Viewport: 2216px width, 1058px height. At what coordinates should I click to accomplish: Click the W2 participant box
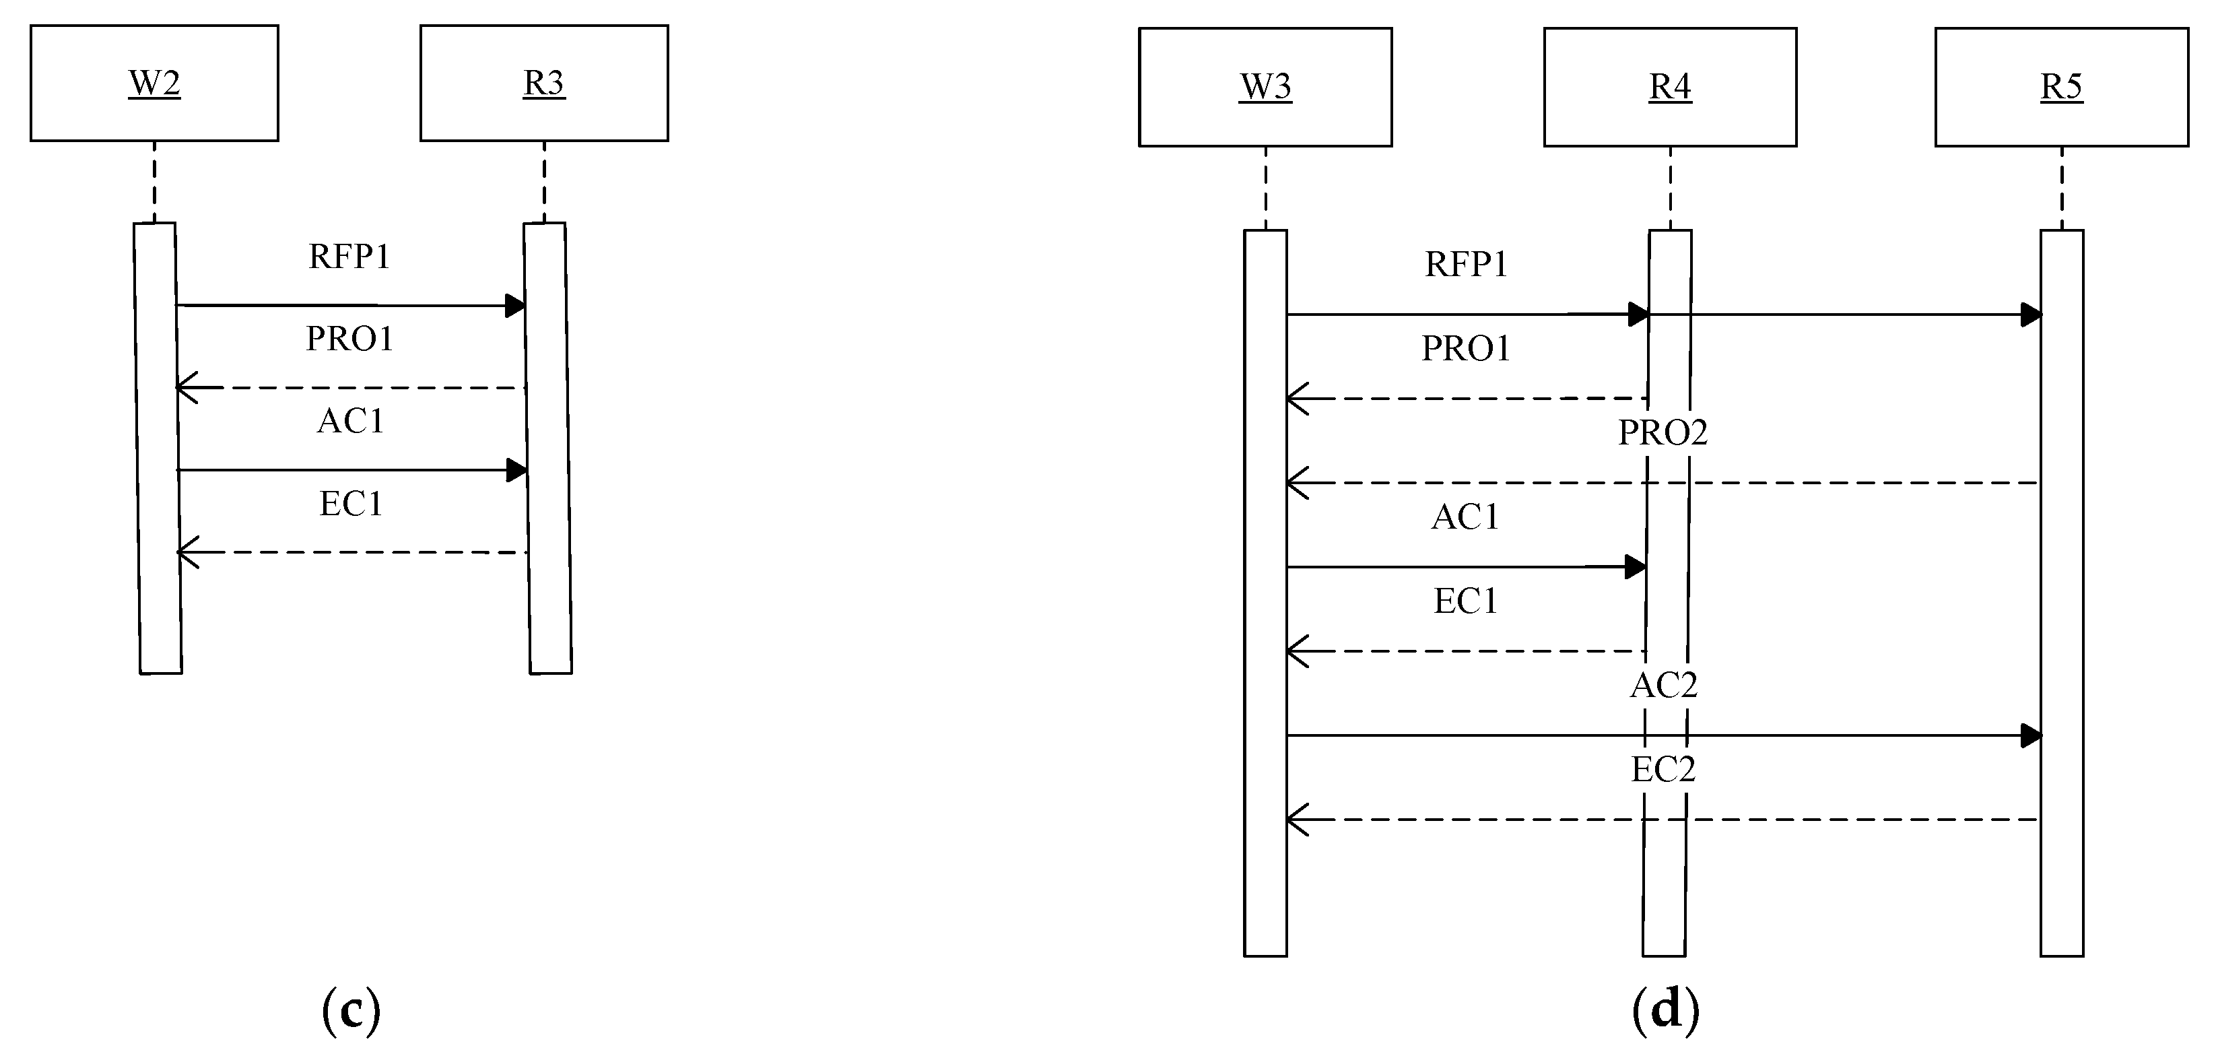[x=154, y=83]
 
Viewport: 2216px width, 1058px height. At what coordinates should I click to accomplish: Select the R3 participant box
[x=543, y=83]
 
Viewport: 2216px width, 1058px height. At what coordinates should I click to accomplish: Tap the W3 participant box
[x=1265, y=87]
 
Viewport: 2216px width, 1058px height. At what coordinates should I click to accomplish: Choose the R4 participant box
[x=1670, y=87]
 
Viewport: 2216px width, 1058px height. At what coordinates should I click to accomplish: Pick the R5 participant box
[x=2061, y=87]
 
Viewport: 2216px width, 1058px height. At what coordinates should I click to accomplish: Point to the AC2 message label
[x=1664, y=686]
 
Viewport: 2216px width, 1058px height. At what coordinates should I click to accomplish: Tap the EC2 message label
[x=1663, y=769]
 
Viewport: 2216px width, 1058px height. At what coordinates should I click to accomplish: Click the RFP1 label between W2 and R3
[x=349, y=257]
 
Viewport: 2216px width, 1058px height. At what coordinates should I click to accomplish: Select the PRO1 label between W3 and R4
[x=1466, y=348]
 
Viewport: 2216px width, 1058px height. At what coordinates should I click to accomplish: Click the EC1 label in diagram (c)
[x=351, y=503]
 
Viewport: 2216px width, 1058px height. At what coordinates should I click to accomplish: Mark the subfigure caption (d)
[x=1665, y=1010]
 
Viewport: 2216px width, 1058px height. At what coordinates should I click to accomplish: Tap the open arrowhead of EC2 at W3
[x=1296, y=820]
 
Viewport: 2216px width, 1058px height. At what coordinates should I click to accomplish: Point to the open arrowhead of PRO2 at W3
[x=1296, y=483]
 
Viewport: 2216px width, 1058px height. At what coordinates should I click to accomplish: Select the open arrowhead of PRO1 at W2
[x=186, y=388]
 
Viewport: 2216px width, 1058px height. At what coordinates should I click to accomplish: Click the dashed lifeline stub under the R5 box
[x=2061, y=187]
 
